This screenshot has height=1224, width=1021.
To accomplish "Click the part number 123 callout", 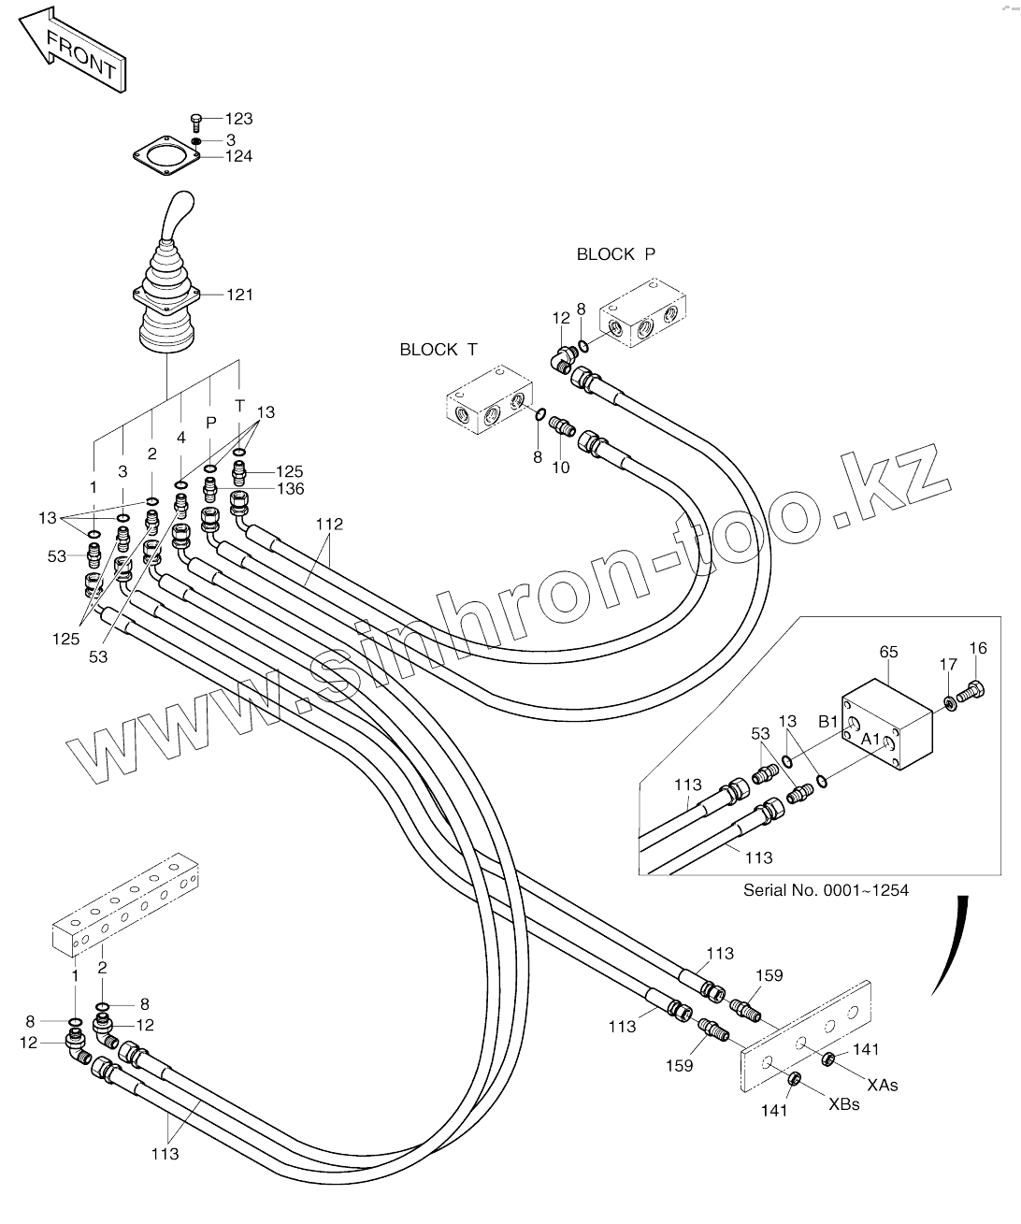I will [238, 120].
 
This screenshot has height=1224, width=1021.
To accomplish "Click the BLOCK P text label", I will [616, 254].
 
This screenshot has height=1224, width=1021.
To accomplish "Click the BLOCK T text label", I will [439, 350].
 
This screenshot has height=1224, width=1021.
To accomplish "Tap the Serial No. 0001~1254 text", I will [826, 890].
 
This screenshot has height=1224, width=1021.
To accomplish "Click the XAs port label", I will [882, 1085].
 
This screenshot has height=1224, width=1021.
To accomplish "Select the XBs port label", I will [843, 1104].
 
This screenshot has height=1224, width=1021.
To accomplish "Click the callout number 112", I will [329, 525].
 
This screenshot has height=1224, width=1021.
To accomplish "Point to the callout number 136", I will [290, 489].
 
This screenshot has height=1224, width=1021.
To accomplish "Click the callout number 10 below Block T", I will [560, 468].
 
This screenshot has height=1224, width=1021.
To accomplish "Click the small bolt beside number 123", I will [197, 120].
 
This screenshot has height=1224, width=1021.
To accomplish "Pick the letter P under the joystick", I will [210, 424].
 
